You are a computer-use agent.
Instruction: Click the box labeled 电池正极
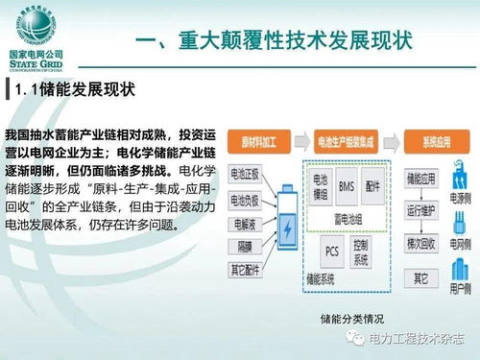(x=250, y=174)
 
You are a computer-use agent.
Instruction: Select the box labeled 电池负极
(x=250, y=199)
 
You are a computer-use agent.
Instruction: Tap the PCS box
(x=331, y=252)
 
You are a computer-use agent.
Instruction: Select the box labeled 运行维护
(x=422, y=209)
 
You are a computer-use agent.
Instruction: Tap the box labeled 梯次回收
(x=422, y=241)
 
